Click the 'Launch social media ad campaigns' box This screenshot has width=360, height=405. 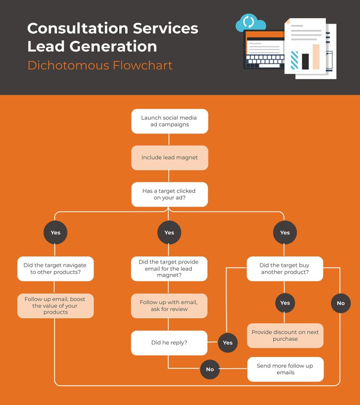click(x=170, y=121)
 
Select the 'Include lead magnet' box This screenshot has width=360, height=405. click(x=170, y=157)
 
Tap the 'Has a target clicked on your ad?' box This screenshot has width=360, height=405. click(x=170, y=195)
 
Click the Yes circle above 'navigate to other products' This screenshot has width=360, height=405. click(x=55, y=232)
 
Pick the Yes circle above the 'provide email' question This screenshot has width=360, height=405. click(x=169, y=232)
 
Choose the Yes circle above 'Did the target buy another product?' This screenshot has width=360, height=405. click(x=285, y=232)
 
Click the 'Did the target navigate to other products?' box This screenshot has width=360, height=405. click(x=55, y=269)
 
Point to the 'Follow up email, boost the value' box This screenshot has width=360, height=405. click(x=55, y=306)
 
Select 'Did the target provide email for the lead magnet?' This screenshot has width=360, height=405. click(x=169, y=269)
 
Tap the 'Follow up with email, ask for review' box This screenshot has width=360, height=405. click(x=169, y=306)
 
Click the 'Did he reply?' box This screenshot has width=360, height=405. click(x=169, y=343)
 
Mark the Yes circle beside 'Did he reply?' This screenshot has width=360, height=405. click(x=228, y=343)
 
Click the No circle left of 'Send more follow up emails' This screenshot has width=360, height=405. click(x=210, y=369)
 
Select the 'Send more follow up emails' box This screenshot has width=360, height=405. click(x=285, y=369)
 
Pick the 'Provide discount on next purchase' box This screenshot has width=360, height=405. click(x=285, y=336)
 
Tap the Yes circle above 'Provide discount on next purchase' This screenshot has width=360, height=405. click(x=285, y=303)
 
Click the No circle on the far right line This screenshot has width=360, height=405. click(x=341, y=303)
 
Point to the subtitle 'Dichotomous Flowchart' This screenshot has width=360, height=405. click(x=100, y=65)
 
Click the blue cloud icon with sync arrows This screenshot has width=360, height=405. click(x=250, y=22)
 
